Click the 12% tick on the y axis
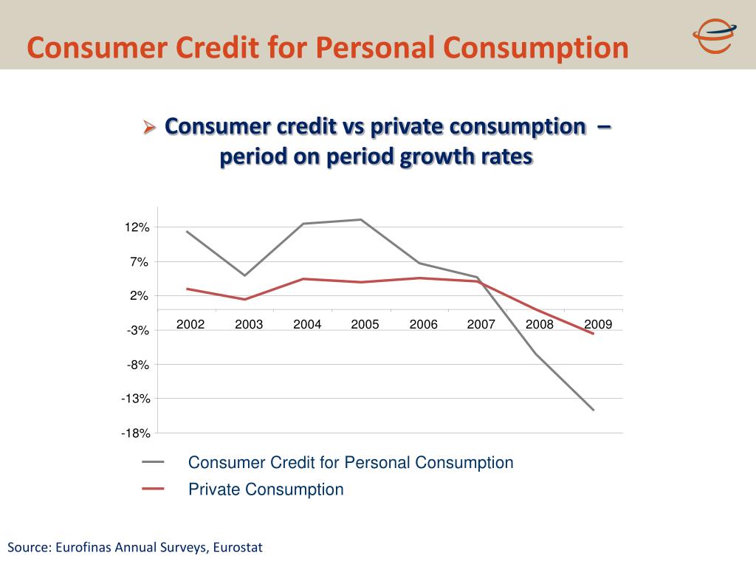point(138,228)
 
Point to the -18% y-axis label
point(136,433)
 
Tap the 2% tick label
point(140,296)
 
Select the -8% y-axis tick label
point(138,365)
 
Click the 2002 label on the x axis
point(190,325)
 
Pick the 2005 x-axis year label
point(365,325)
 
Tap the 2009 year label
point(597,325)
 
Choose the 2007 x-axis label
point(481,325)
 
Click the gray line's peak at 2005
point(361,219)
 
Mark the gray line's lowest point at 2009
point(593,410)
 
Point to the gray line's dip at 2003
point(244,275)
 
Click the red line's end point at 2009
point(593,334)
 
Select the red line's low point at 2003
point(244,299)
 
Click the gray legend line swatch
point(154,463)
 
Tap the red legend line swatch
point(154,489)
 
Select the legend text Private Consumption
point(266,489)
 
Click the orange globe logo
point(713,35)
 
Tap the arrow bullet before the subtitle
point(150,128)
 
